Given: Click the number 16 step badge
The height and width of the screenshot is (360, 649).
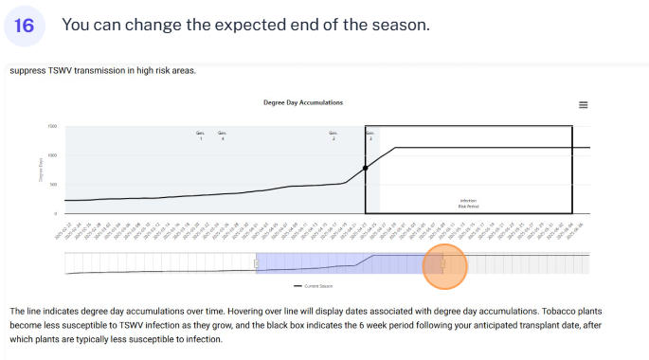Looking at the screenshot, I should click(x=25, y=26).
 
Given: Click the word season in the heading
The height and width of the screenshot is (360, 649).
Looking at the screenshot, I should click(x=402, y=25).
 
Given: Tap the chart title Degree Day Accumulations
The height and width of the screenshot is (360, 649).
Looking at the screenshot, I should click(x=303, y=102).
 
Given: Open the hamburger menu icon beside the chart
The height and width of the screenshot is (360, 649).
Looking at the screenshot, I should click(x=584, y=105).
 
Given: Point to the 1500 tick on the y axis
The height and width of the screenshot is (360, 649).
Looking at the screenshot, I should click(x=52, y=126).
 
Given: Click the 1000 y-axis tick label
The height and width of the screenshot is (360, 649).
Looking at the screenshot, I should click(x=52, y=155).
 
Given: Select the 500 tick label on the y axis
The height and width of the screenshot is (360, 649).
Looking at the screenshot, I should click(x=53, y=185).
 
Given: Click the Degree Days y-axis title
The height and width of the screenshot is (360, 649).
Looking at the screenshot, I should click(x=41, y=170).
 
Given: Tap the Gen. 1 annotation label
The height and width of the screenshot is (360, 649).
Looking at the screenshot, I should click(x=201, y=135).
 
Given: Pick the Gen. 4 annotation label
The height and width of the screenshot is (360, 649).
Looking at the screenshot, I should click(x=223, y=135).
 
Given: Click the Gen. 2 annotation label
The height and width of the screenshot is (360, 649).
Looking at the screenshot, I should click(x=334, y=135).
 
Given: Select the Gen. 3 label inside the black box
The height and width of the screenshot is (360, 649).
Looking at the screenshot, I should click(x=370, y=135).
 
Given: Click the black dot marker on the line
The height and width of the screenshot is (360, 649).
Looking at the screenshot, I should click(x=366, y=168).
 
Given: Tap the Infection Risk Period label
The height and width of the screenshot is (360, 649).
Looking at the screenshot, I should click(x=468, y=203).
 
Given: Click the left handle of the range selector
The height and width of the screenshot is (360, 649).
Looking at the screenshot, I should click(x=256, y=264).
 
